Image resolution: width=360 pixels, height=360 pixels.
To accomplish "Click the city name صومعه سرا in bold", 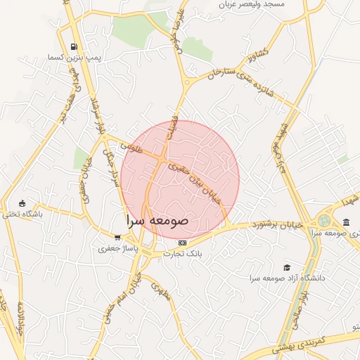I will (x=158, y=220).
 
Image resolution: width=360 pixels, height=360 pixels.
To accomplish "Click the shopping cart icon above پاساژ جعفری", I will (x=117, y=238).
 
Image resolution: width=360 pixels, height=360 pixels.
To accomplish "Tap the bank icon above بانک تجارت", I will (x=183, y=243).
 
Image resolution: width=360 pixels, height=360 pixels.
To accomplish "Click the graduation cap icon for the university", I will (x=287, y=268).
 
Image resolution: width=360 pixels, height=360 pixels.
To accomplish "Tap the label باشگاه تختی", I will (x=22, y=213).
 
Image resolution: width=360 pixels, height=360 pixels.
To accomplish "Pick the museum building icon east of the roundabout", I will (x=346, y=222).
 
